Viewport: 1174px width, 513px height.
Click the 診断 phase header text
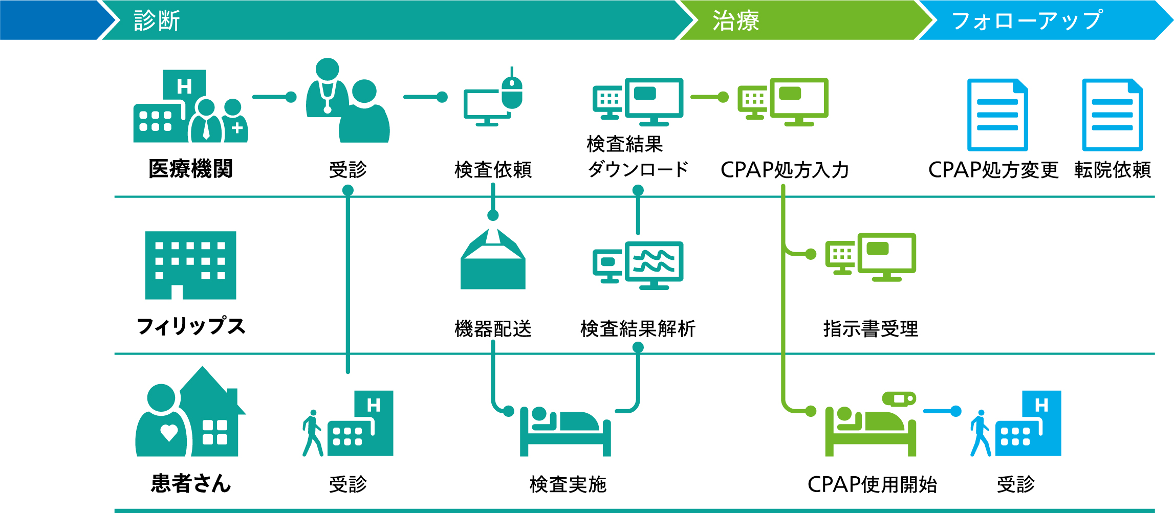157,21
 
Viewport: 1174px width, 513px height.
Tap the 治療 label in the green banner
736,21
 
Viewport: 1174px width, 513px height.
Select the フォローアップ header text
1027,21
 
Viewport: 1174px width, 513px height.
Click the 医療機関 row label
190,169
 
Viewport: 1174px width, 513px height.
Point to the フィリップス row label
190,326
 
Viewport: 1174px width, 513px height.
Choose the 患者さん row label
190,483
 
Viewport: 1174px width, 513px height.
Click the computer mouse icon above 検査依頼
512,90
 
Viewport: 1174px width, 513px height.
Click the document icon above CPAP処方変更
997,115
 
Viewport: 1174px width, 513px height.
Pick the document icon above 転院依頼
1113,115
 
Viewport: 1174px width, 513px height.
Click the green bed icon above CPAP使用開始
871,424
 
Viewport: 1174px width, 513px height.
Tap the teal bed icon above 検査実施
566,431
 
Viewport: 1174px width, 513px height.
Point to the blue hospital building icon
1028,423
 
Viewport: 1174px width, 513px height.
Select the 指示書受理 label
871,329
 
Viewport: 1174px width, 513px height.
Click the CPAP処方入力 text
785,170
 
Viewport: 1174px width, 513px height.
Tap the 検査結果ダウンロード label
638,157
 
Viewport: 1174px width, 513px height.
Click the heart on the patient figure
169,433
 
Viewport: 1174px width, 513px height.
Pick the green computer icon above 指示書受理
871,257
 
